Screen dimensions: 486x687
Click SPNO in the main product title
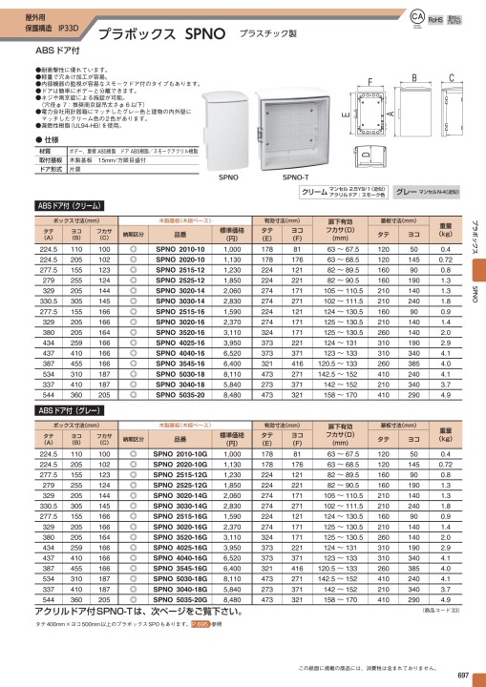coord(200,31)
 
